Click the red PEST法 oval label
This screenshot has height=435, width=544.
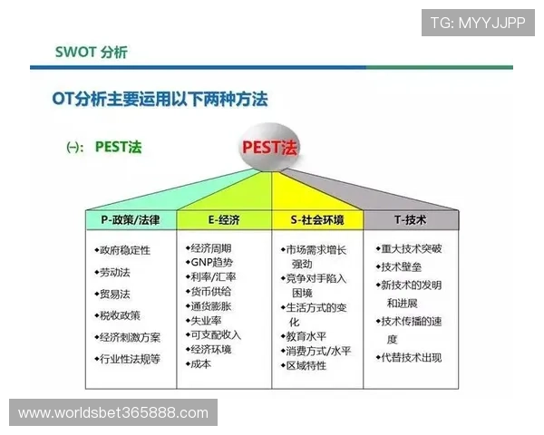click(x=271, y=147)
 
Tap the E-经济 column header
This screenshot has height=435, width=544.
click(x=224, y=220)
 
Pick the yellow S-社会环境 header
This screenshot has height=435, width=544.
click(x=316, y=220)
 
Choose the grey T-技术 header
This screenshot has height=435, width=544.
click(x=410, y=220)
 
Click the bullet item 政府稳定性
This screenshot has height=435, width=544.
click(x=125, y=250)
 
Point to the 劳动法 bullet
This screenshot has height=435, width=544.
click(x=115, y=272)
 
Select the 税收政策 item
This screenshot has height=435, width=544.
click(x=120, y=315)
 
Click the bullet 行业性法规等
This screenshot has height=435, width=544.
click(x=130, y=359)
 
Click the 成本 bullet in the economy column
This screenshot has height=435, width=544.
click(x=200, y=363)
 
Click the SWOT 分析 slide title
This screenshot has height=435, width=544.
click(x=92, y=52)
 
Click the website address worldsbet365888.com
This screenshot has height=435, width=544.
click(x=112, y=413)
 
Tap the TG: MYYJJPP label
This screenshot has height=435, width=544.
click(x=477, y=22)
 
